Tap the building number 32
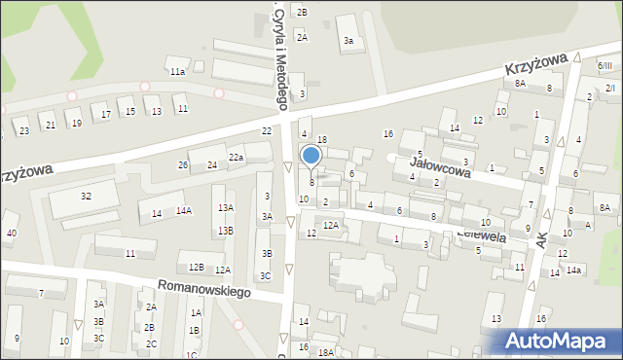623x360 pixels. (86, 197)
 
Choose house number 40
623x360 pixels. (12, 233)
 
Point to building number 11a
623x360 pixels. (177, 72)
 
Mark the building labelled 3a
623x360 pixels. (348, 41)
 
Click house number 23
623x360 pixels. (23, 130)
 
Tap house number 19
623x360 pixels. (76, 124)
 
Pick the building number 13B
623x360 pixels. (225, 231)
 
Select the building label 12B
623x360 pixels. (196, 267)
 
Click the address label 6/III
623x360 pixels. (605, 65)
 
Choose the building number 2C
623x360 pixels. (150, 343)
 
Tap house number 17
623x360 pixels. (105, 115)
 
